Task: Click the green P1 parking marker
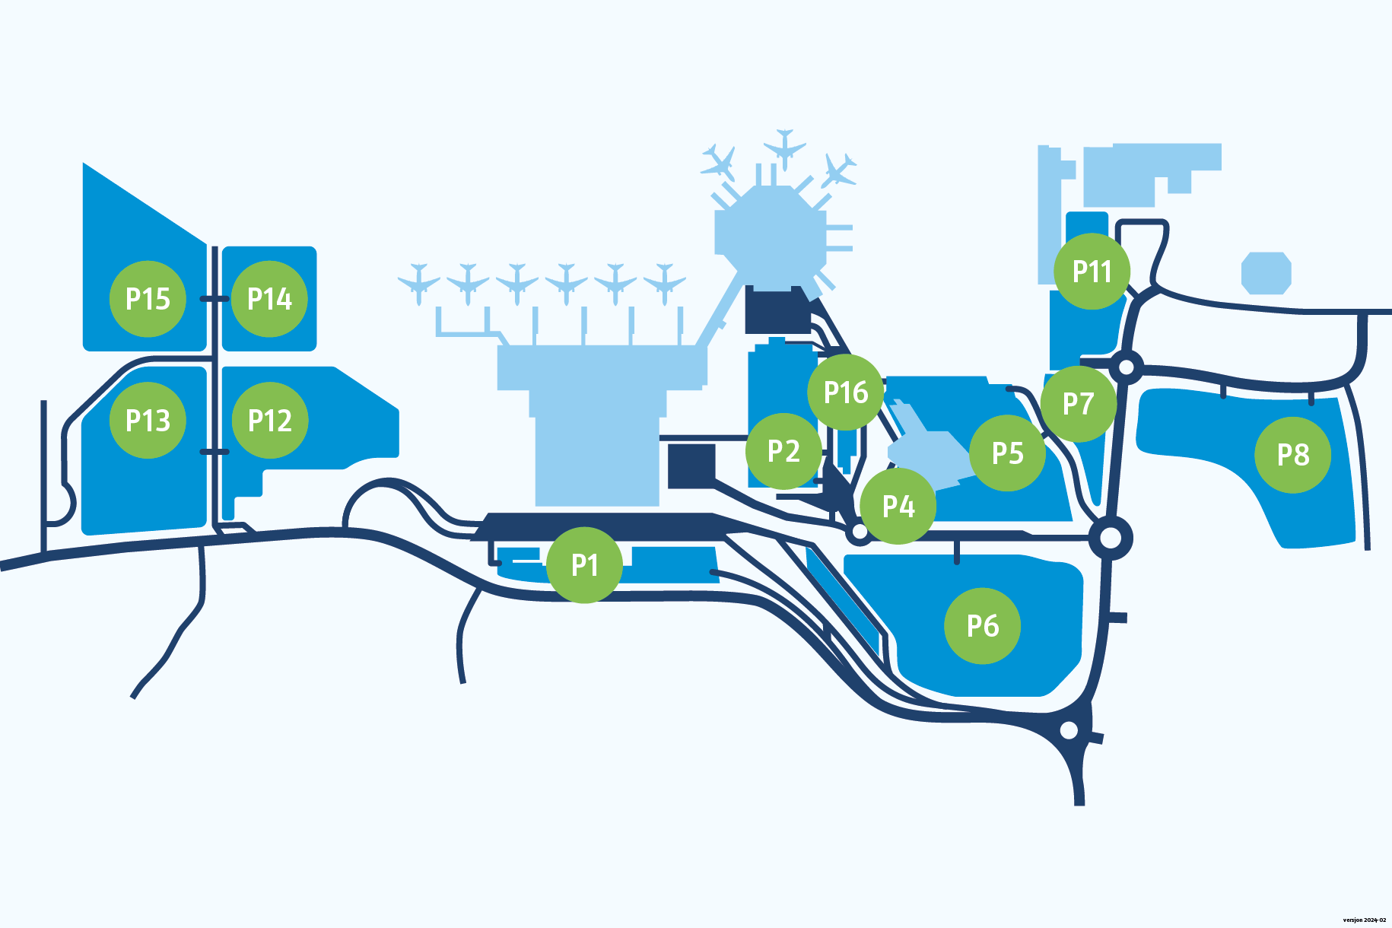[x=584, y=565]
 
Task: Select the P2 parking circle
[x=783, y=451]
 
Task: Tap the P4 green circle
[x=898, y=506]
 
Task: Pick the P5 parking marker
[x=1008, y=453]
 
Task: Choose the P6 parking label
[x=983, y=626]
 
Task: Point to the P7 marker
[x=1079, y=404]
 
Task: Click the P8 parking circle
[x=1292, y=455]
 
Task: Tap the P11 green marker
[x=1092, y=272]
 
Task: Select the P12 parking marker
[x=270, y=421]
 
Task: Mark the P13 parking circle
[x=148, y=421]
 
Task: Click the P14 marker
[x=269, y=299]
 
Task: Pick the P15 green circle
[x=148, y=299]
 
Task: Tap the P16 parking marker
[x=846, y=392]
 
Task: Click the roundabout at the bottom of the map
[x=1069, y=730]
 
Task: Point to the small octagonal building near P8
[x=1266, y=273]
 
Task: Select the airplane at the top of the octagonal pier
[x=784, y=147]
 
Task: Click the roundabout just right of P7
[x=1127, y=368]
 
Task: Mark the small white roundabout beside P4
[x=859, y=532]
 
